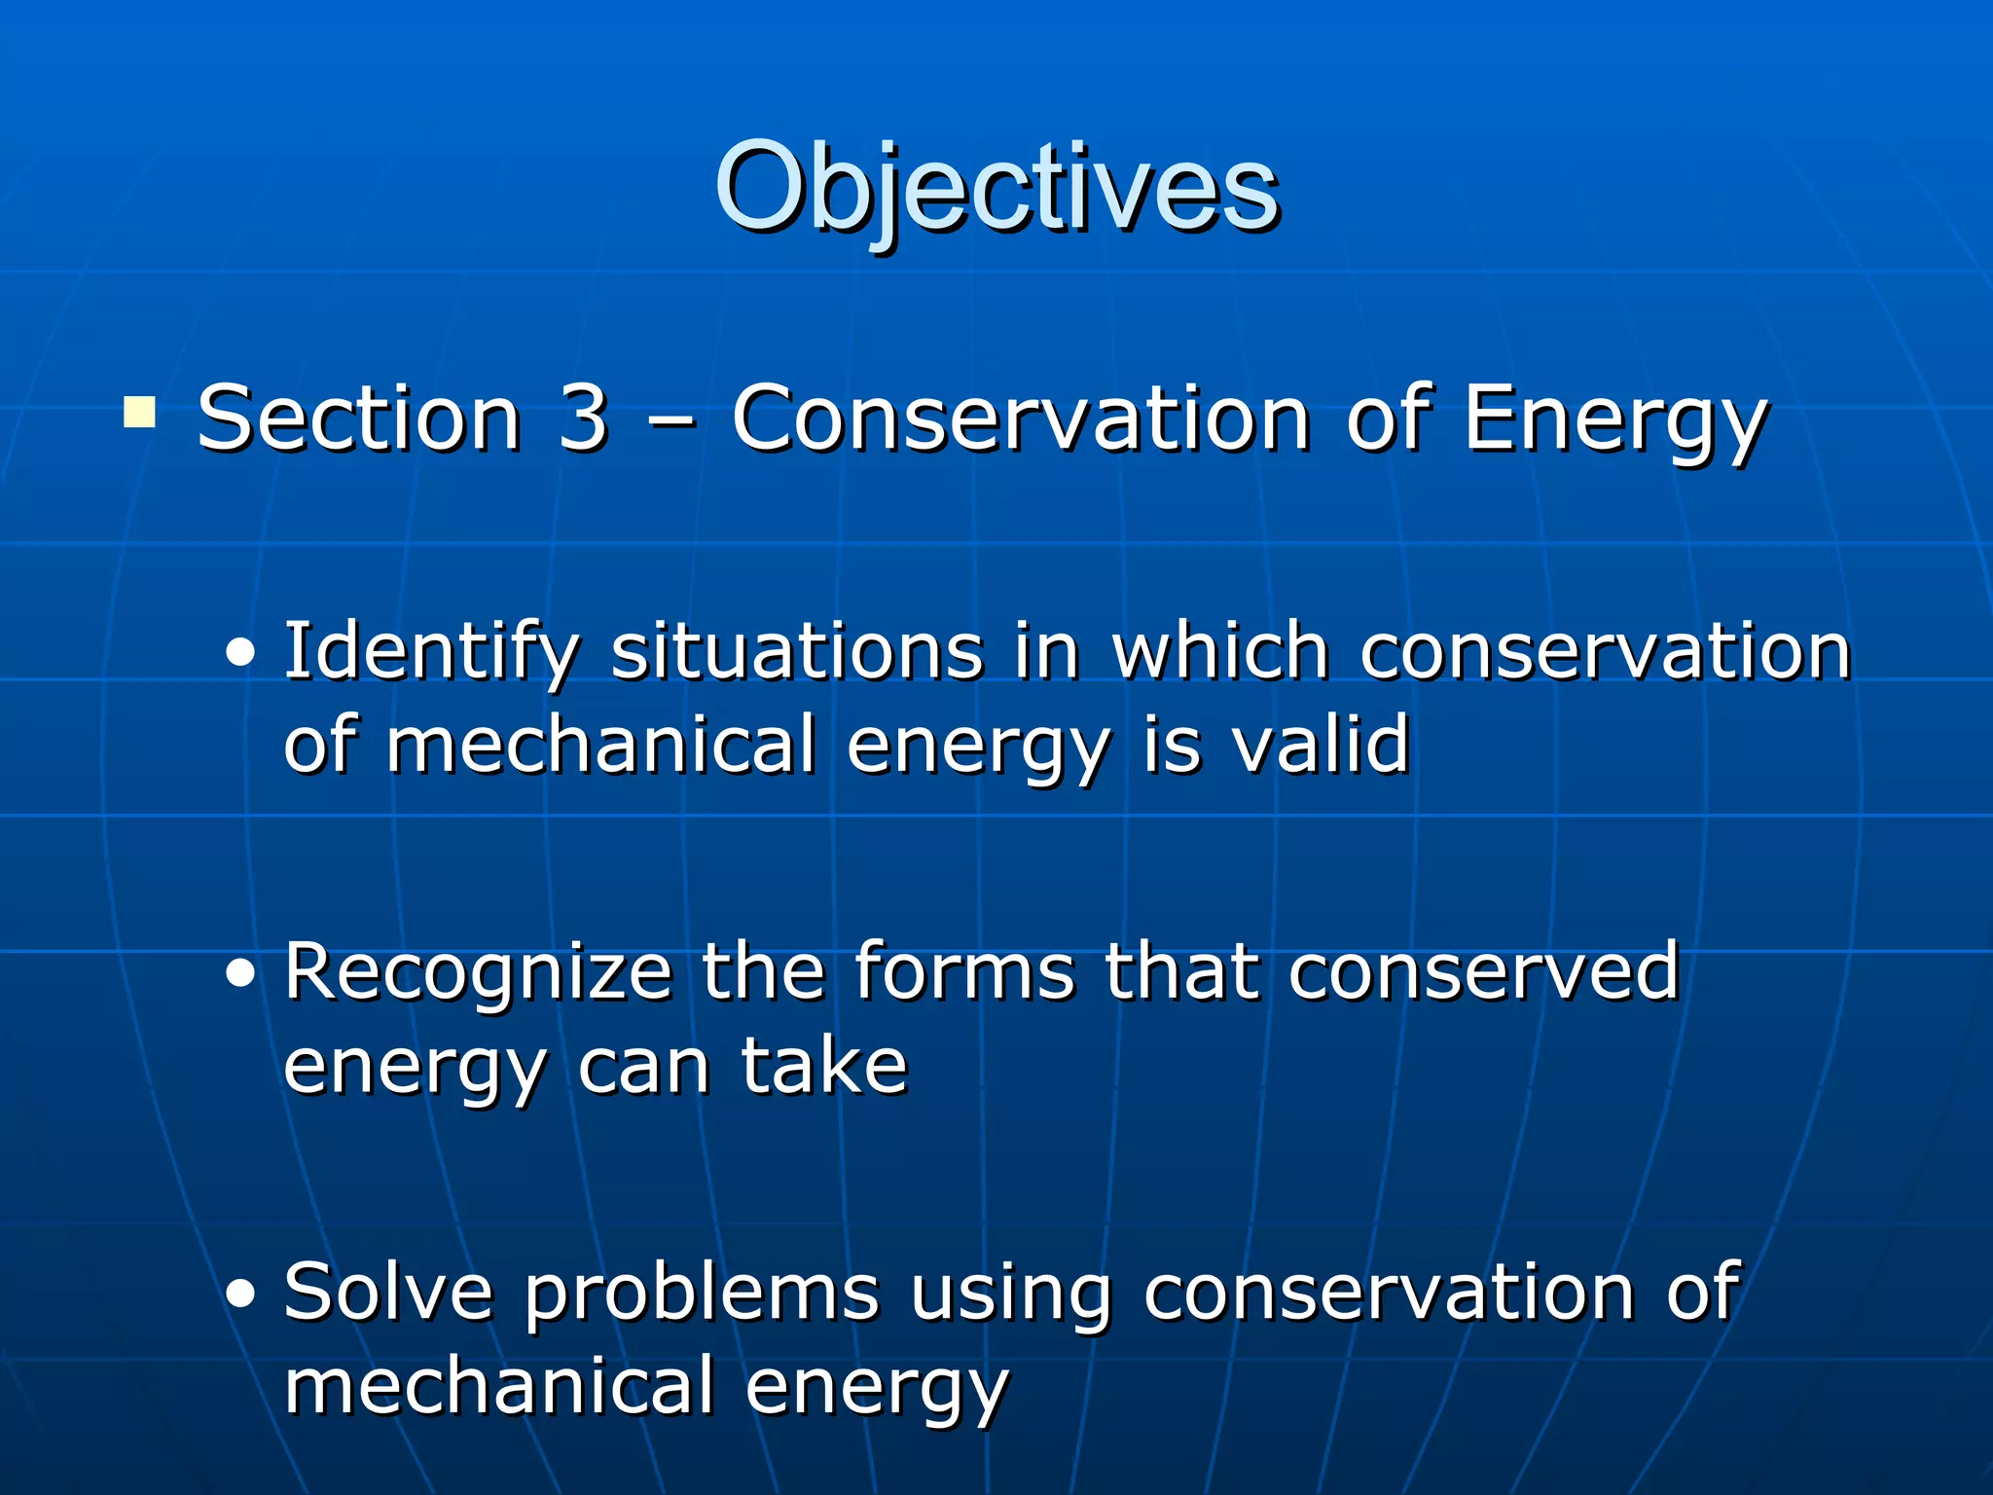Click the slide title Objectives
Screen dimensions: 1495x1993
pyautogui.click(x=996, y=187)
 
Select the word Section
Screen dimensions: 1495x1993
pyautogui.click(x=359, y=419)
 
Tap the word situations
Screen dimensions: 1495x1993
pyautogui.click(x=797, y=652)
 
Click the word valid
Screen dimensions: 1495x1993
pyautogui.click(x=1321, y=745)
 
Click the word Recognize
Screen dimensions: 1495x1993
pyautogui.click(x=478, y=972)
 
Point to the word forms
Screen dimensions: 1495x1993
pyautogui.click(x=964, y=972)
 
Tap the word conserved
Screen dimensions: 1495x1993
pyautogui.click(x=1484, y=972)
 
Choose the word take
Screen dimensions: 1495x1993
pyautogui.click(x=824, y=1066)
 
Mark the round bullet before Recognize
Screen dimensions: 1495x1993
pyautogui.click(x=239, y=974)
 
